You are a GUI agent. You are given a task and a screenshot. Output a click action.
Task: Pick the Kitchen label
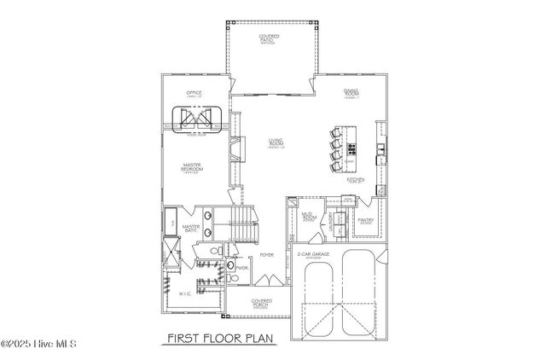[356, 180]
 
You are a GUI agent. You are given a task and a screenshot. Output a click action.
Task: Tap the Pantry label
[366, 220]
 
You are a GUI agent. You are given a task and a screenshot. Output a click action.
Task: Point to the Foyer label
[266, 254]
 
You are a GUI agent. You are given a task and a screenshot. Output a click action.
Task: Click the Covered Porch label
[261, 305]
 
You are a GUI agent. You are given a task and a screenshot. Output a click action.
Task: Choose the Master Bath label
[190, 229]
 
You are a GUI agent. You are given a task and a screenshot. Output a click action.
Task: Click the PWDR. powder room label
[242, 267]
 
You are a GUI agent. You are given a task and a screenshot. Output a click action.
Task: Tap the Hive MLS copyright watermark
[39, 345]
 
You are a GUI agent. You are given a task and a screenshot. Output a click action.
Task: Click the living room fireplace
[235, 152]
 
